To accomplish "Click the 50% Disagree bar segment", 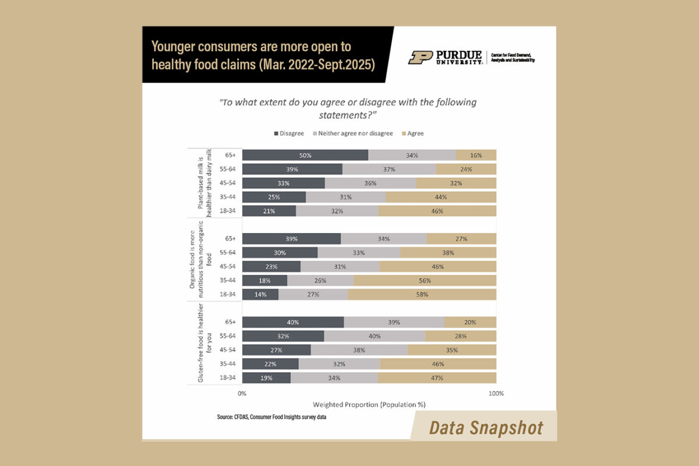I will pyautogui.click(x=305, y=155).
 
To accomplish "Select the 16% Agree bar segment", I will pyautogui.click(x=476, y=155).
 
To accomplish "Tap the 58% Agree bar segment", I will pyautogui.click(x=422, y=295).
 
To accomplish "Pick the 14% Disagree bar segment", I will pyautogui.click(x=260, y=295).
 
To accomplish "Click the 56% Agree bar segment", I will pyautogui.click(x=425, y=280).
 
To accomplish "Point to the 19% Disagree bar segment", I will pyautogui.click(x=266, y=378).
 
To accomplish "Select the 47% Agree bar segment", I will pyautogui.click(x=437, y=378).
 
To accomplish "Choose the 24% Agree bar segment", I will pyautogui.click(x=466, y=170).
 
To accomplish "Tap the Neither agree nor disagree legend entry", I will pyautogui.click(x=353, y=133).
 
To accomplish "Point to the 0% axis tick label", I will pyautogui.click(x=242, y=394).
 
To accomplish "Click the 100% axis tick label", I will pyautogui.click(x=496, y=394).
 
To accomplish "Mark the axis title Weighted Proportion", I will pyautogui.click(x=369, y=404).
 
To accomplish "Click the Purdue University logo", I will pyautogui.click(x=446, y=57).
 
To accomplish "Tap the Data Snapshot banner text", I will pyautogui.click(x=486, y=428).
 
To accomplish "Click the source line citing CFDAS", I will pyautogui.click(x=271, y=418).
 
